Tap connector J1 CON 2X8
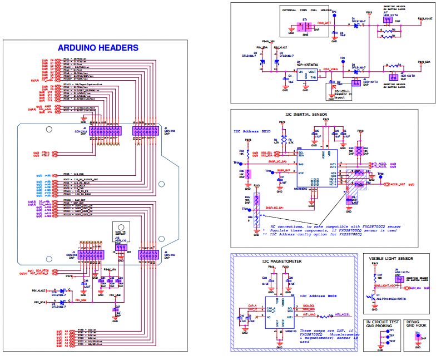pos(144,131)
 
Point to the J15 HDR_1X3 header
pos(118,243)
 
